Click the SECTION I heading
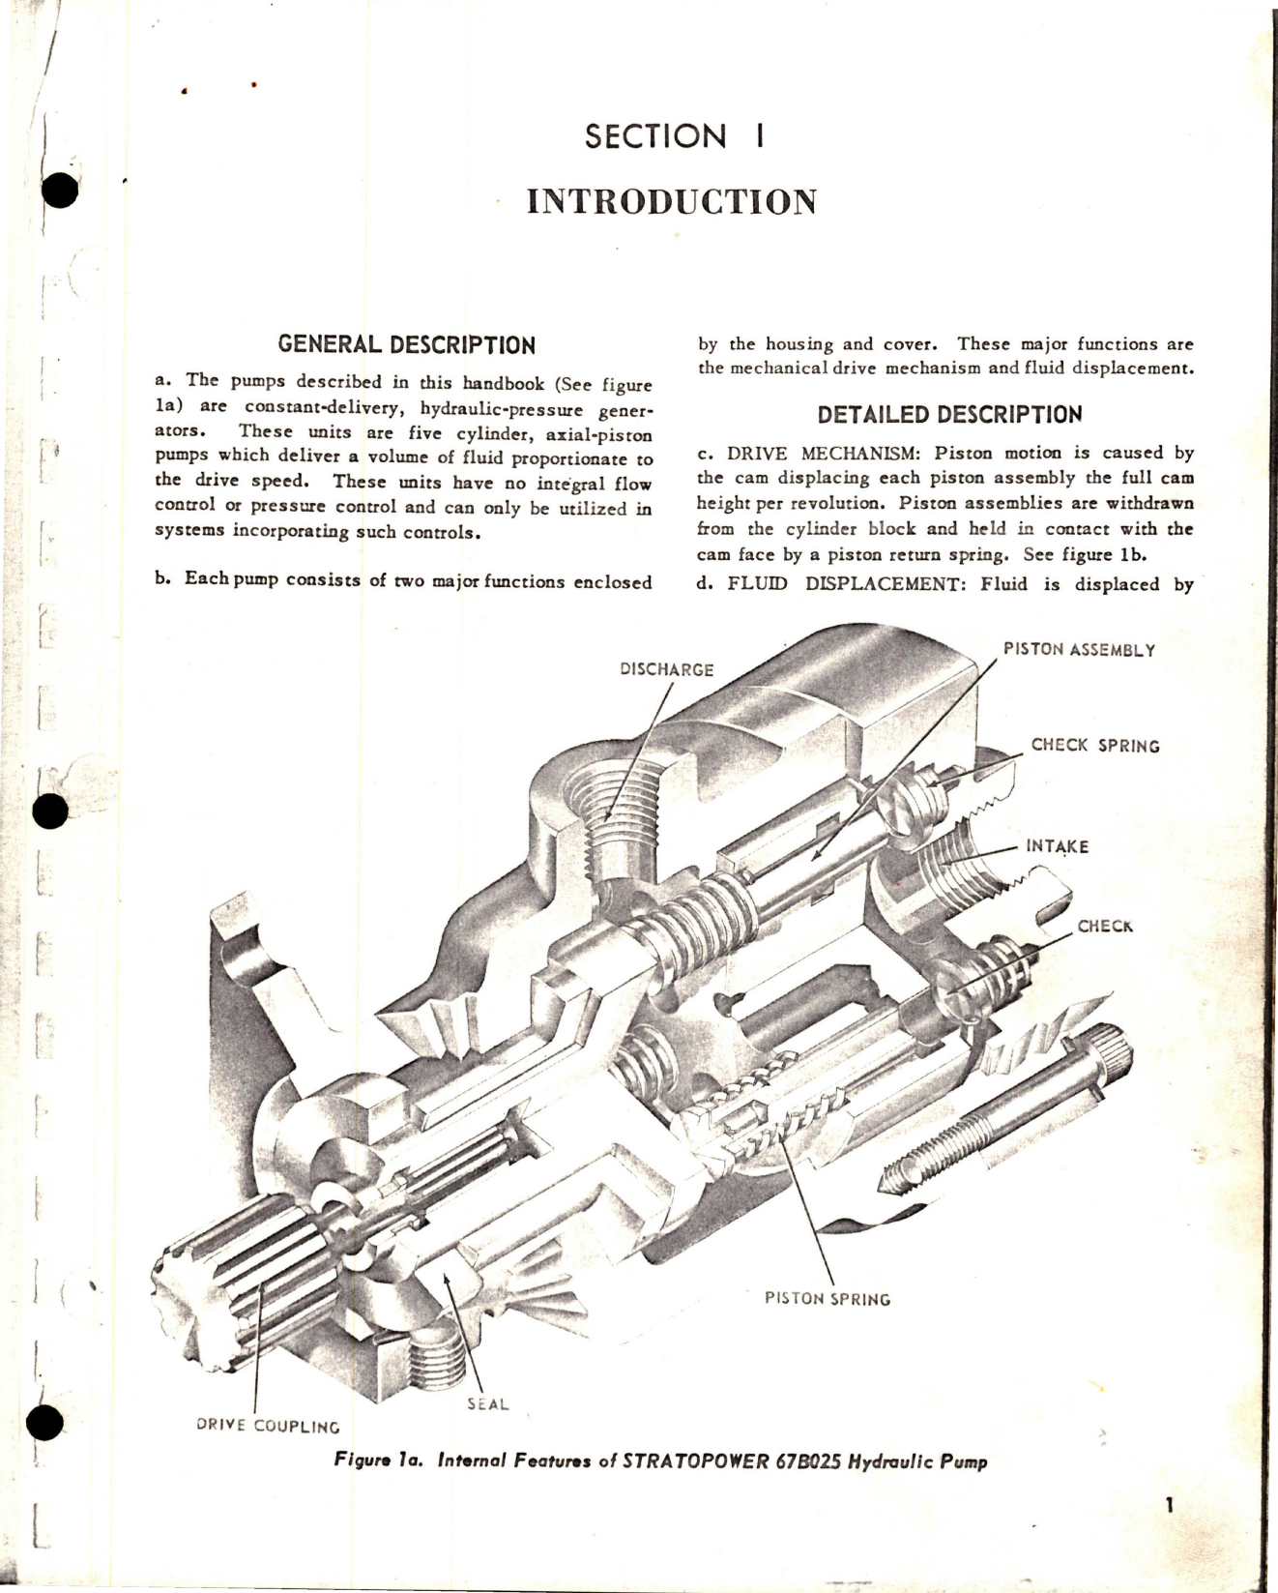coord(674,136)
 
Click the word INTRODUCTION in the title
coord(672,201)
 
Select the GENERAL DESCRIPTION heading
coord(406,345)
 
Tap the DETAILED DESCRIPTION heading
coord(949,416)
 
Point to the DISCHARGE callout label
coord(667,669)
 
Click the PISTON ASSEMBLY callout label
coord(1079,650)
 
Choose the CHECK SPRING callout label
coord(1094,746)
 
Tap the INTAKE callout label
coord(1058,846)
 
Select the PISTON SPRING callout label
coord(828,1298)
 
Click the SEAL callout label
coord(487,1403)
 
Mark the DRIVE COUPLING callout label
coord(268,1426)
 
